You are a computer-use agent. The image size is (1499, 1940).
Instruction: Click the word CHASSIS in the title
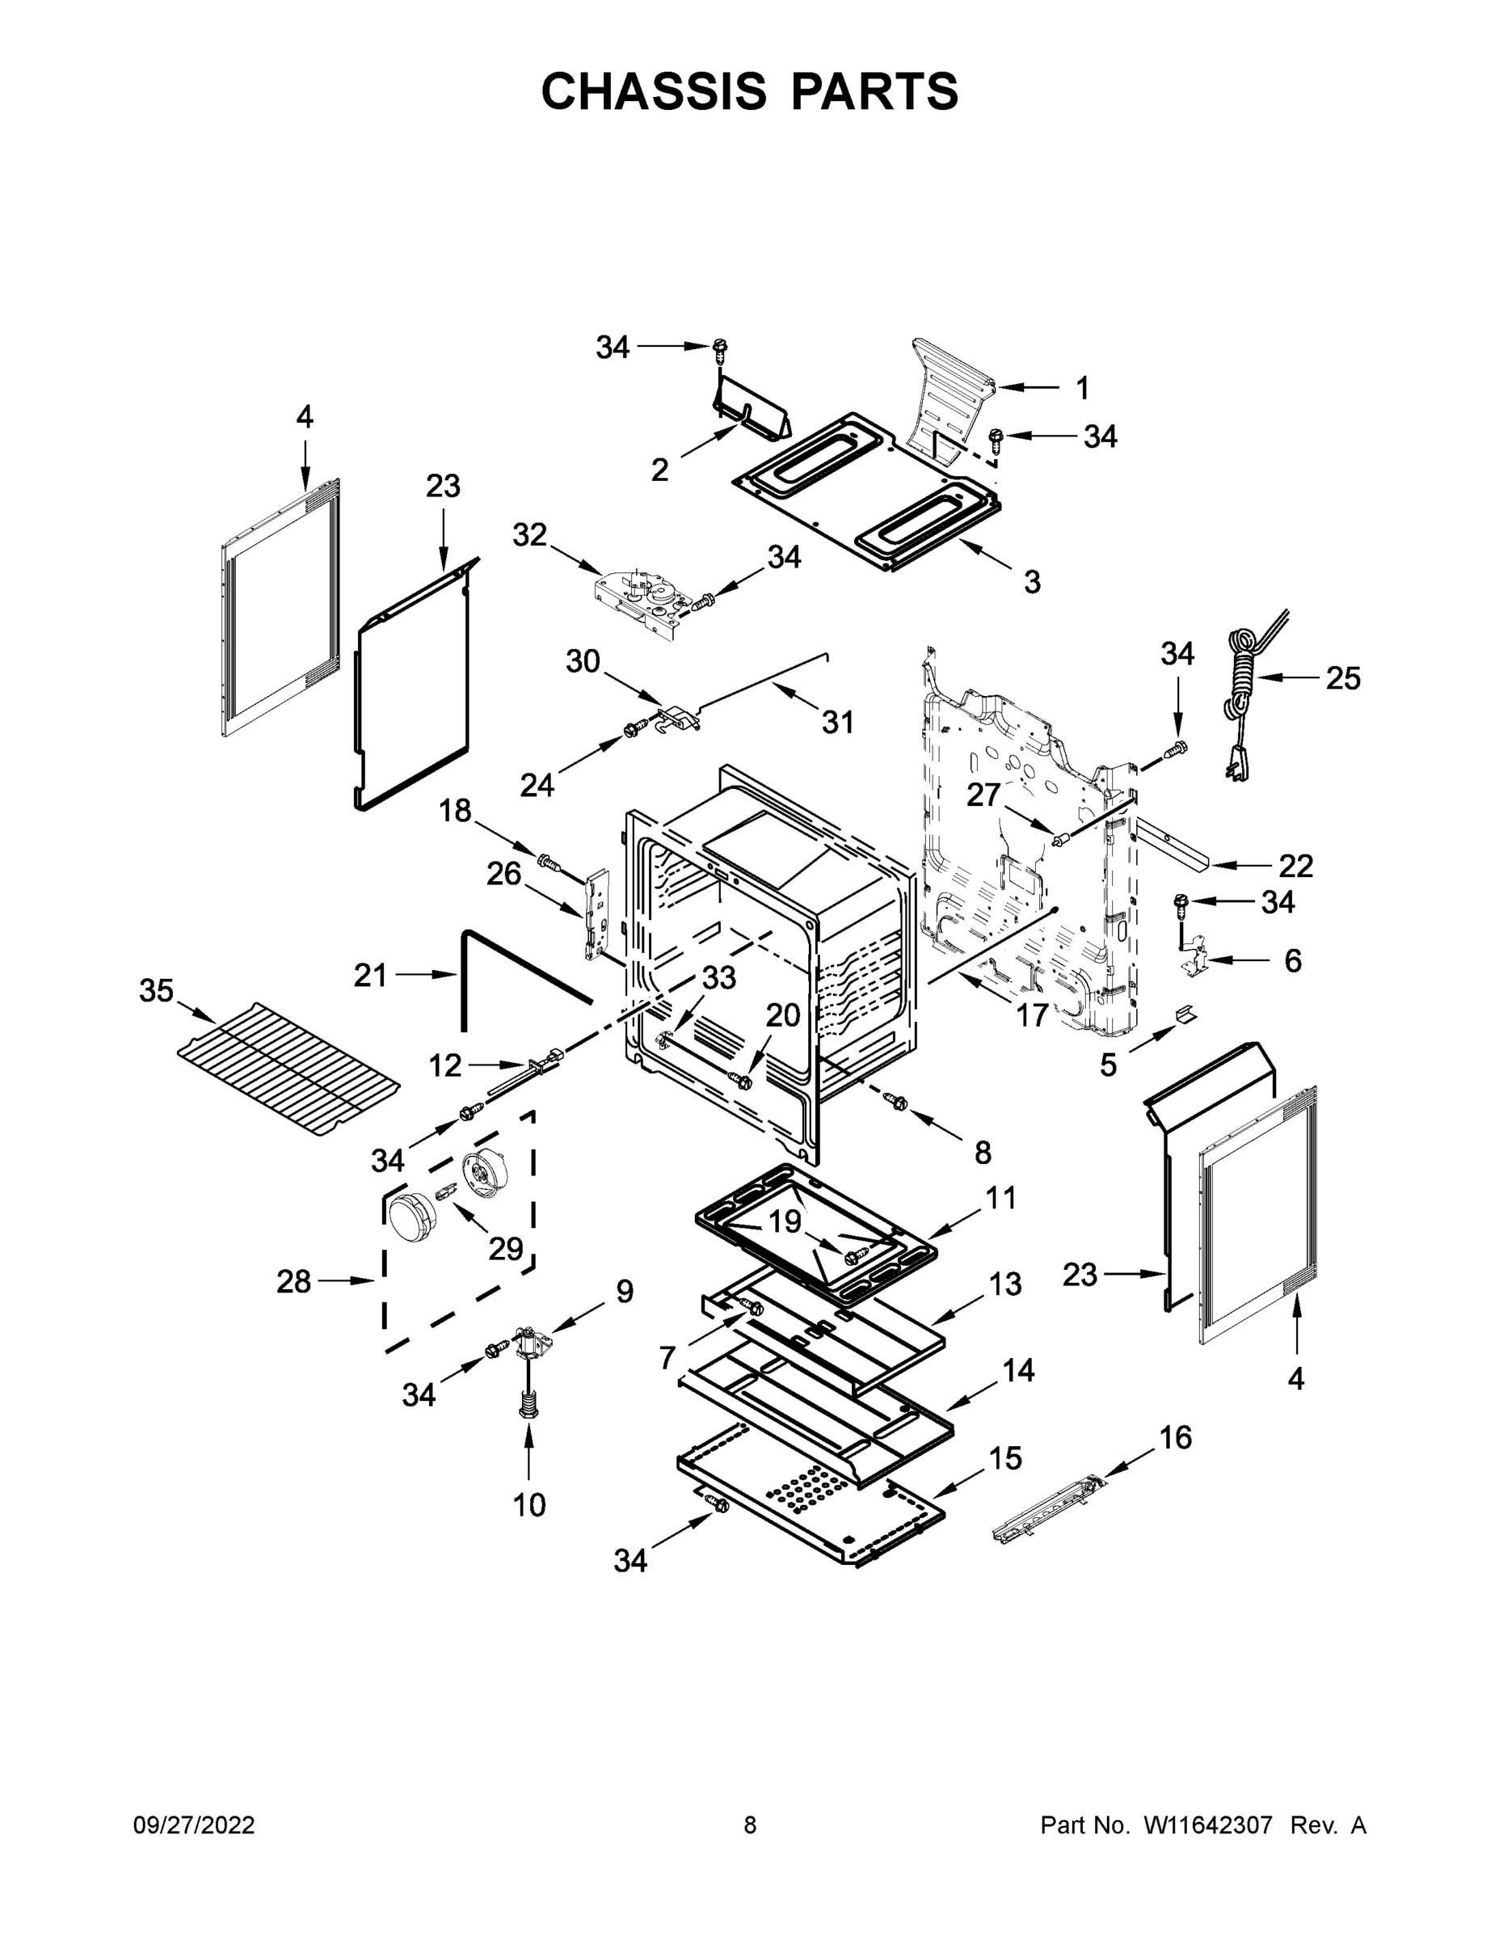point(654,91)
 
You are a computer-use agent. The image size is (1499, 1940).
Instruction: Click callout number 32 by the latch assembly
point(530,535)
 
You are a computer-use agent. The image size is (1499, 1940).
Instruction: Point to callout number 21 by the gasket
point(370,976)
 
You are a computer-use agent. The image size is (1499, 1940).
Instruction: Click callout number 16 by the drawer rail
point(1176,1437)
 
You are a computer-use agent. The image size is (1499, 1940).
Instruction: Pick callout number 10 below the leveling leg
point(529,1505)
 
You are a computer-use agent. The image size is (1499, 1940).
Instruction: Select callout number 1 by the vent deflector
point(1082,387)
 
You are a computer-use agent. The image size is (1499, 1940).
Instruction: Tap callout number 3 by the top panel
point(1031,582)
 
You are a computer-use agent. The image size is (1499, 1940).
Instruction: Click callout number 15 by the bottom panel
point(1005,1458)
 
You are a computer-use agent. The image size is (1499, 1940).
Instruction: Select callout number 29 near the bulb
point(505,1248)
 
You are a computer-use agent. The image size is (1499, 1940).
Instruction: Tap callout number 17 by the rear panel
point(1031,1014)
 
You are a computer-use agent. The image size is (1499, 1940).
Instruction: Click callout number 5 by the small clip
point(1107,1063)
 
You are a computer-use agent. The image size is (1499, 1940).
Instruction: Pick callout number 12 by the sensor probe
point(445,1064)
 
